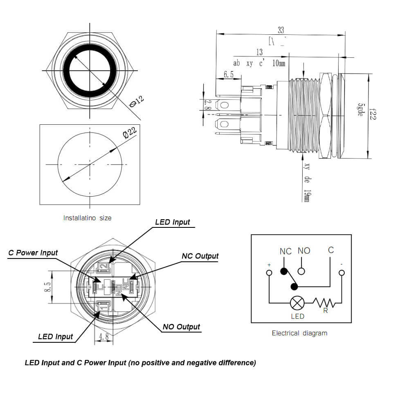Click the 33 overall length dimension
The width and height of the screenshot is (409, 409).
coord(281,30)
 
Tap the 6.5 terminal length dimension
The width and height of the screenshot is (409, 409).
coord(229,74)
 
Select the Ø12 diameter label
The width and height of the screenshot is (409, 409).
coord(137,102)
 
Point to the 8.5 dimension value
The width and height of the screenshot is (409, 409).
coord(47,287)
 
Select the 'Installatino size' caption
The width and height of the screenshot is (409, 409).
coord(87,218)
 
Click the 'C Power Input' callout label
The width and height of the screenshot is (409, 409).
coord(33,253)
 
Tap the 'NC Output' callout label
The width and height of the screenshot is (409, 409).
coord(200,256)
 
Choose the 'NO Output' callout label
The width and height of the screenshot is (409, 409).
coord(181,327)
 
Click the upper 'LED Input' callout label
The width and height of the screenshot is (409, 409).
coord(173,222)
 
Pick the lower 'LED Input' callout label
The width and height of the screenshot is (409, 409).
coord(55,337)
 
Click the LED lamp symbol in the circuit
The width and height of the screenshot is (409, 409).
coord(297,303)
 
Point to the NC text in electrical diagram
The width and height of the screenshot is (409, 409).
coord(285,251)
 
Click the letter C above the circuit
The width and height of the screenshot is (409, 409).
coord(331,250)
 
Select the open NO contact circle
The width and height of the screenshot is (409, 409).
coord(301,271)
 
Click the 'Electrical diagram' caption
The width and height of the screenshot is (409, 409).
coord(299,333)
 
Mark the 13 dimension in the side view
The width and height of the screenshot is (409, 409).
coord(260,52)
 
